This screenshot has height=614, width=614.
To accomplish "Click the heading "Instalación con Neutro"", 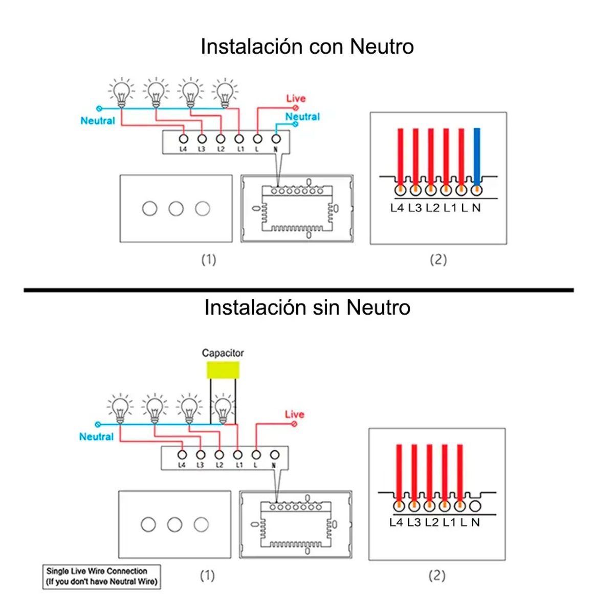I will coord(307,47).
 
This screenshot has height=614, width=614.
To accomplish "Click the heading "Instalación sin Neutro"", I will coord(307,308).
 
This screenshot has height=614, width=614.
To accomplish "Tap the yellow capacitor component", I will coord(223,370).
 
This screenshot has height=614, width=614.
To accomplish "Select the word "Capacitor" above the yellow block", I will coord(223,353).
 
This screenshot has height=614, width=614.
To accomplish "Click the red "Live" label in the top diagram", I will coord(296,98).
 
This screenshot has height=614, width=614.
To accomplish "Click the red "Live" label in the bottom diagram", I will coord(294,414).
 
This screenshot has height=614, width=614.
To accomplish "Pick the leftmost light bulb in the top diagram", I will coord(121,93).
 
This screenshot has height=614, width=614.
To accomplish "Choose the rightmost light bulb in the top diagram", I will coord(225,93).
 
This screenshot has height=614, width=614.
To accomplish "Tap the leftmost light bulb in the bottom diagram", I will coord(120,408).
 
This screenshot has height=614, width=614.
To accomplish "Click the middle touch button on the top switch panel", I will coord(176,208).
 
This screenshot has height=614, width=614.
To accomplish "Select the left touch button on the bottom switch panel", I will coord(148,524).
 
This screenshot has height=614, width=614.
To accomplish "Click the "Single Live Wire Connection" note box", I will coord(101,577).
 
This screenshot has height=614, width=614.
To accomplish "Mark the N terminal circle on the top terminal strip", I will coord(276,139).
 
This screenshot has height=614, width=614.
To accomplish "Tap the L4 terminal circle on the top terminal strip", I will coord(183,139).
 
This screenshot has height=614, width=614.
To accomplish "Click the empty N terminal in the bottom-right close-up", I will coord(475,506).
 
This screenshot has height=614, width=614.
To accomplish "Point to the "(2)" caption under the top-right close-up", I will coord(438,259).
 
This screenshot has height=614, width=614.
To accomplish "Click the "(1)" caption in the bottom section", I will coord(207,576).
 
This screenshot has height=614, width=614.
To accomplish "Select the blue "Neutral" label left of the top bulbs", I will coord(98,121).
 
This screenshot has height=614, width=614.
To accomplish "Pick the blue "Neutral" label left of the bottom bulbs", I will coord(96,436).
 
